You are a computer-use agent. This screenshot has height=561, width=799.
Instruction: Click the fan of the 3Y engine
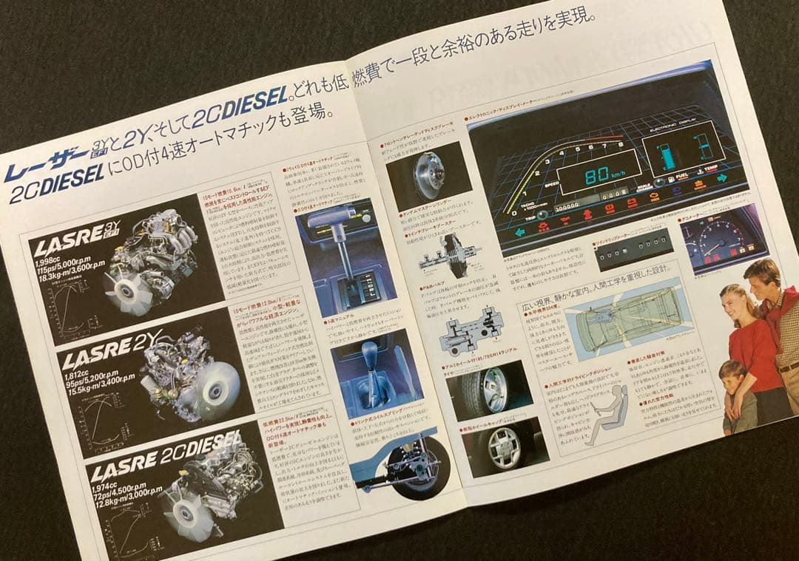point(118,289)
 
